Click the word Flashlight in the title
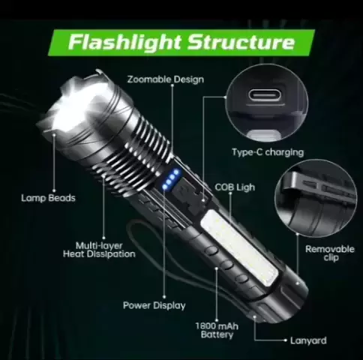click(124, 42)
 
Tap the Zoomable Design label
click(166, 79)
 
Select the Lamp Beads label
click(48, 198)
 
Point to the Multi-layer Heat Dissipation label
click(99, 250)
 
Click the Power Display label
click(154, 305)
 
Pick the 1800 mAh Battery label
click(217, 330)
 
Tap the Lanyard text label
click(308, 340)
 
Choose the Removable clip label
click(330, 253)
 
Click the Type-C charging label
click(268, 152)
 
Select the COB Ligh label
click(235, 187)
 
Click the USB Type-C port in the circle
click(265, 94)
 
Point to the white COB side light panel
click(240, 248)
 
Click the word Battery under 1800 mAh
click(217, 334)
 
